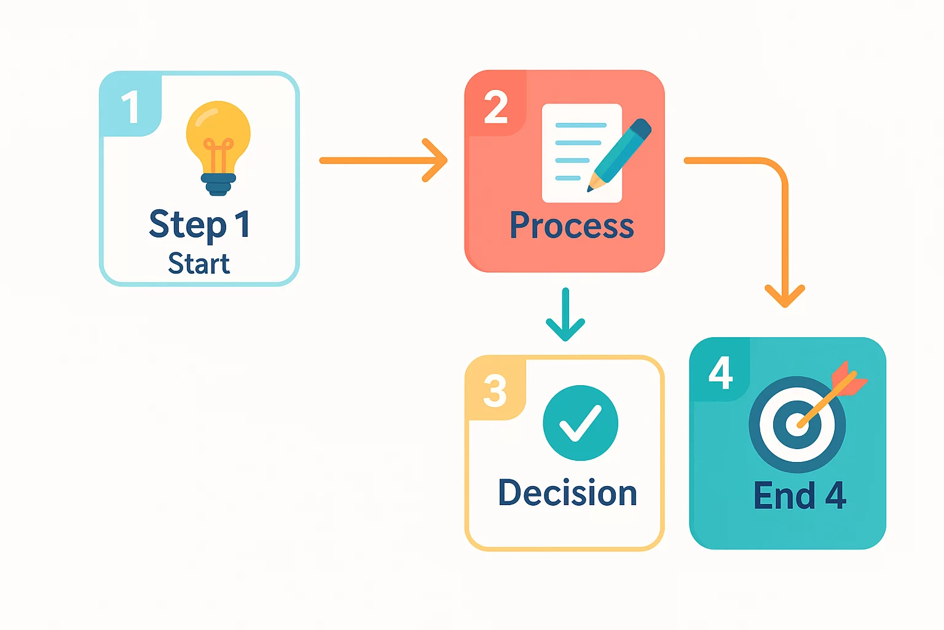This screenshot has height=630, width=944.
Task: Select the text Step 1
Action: (200, 224)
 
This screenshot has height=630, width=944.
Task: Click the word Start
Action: (199, 264)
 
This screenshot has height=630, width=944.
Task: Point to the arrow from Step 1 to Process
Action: (381, 161)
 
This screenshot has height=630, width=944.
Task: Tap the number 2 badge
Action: (496, 107)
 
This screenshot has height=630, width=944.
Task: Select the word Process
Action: (572, 225)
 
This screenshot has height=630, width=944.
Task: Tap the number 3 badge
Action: (495, 391)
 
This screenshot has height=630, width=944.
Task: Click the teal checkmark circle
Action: (580, 423)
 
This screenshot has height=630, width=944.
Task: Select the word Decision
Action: (567, 493)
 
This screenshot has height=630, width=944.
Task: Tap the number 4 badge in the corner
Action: (720, 372)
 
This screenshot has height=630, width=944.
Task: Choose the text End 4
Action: (800, 496)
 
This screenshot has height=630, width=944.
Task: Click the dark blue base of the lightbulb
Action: (218, 183)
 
